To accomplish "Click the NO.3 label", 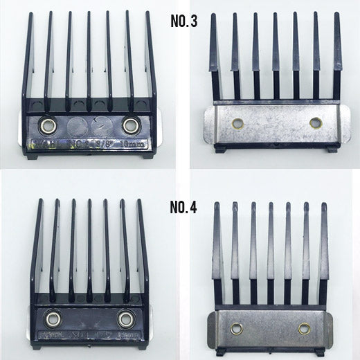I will [184, 21].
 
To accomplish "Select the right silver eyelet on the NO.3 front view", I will [129, 125].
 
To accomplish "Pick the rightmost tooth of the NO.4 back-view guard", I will [323, 242].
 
